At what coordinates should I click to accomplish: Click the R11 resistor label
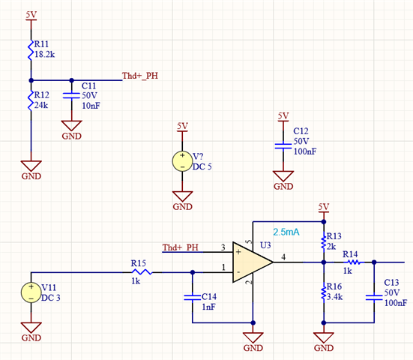[41, 44]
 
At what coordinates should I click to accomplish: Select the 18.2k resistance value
[44, 55]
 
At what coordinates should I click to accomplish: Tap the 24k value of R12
[41, 105]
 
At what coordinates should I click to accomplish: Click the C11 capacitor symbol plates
[71, 96]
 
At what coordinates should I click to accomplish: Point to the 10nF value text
[91, 106]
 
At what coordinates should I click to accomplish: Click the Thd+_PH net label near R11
[140, 76]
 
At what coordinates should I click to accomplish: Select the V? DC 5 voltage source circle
[182, 161]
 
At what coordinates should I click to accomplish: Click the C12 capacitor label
[301, 131]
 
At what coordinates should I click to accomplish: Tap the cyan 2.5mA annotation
[286, 232]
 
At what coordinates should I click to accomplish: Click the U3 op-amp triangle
[252, 262]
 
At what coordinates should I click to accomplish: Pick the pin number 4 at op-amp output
[283, 256]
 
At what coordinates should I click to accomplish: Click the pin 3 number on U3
[223, 247]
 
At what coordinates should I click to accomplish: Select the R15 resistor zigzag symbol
[142, 272]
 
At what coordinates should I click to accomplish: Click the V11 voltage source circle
[31, 292]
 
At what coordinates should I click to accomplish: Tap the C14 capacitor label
[209, 297]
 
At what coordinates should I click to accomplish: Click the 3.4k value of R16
[335, 297]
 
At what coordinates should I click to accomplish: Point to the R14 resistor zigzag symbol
[354, 262]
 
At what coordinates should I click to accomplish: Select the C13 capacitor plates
[374, 297]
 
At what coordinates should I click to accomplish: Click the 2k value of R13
[331, 247]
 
